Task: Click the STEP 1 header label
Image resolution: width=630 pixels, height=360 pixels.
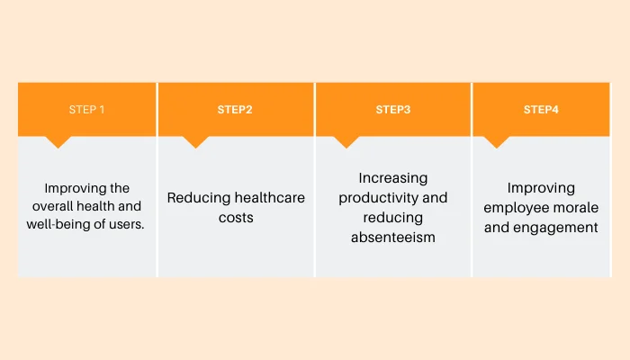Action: click(87, 110)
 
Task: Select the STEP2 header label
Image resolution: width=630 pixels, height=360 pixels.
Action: click(235, 110)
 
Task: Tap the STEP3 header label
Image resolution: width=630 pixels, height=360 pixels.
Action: click(393, 110)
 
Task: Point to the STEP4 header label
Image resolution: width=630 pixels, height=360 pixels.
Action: click(541, 110)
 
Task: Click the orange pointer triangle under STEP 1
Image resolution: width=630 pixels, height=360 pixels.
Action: click(58, 141)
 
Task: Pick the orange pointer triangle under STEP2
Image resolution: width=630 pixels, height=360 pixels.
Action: click(195, 141)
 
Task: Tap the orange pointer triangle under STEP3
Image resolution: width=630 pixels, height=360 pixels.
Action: click(346, 141)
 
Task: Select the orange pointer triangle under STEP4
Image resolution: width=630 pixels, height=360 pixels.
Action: click(496, 141)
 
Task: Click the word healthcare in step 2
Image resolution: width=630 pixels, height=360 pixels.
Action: click(267, 198)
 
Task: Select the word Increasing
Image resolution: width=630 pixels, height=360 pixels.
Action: click(393, 177)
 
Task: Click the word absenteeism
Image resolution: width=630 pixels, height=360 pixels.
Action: click(393, 238)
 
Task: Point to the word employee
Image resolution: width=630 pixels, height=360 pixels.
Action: click(516, 208)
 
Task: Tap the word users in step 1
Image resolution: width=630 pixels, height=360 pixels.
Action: click(126, 224)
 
